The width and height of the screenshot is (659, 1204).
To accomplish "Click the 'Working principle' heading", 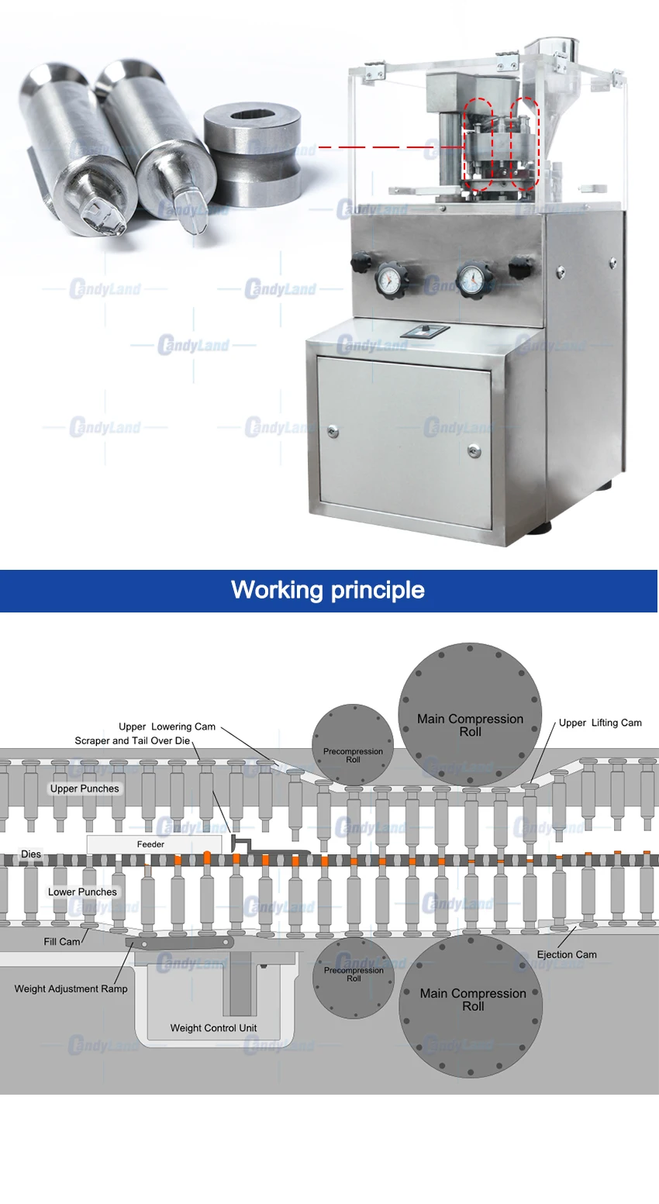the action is pyautogui.click(x=328, y=590).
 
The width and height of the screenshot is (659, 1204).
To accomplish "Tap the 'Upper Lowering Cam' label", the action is pyautogui.click(x=167, y=726).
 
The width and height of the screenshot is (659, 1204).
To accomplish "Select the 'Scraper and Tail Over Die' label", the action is pyautogui.click(x=133, y=740).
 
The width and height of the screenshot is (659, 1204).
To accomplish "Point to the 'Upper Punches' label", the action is pyautogui.click(x=85, y=788).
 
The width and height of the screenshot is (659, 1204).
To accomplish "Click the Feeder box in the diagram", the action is pyautogui.click(x=154, y=843).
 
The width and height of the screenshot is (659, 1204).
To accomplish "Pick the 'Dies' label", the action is pyautogui.click(x=31, y=854).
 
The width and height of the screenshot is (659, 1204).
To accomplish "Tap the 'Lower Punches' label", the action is pyautogui.click(x=82, y=892).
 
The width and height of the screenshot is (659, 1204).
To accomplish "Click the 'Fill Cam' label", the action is pyautogui.click(x=62, y=942).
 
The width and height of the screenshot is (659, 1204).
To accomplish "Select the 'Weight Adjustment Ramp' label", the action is pyautogui.click(x=71, y=988).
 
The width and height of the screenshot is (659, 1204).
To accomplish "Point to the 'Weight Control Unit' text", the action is pyautogui.click(x=213, y=1028).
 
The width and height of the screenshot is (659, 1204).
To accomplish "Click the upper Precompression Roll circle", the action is pyautogui.click(x=353, y=744).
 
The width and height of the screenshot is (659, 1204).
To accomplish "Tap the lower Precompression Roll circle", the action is pyautogui.click(x=354, y=978).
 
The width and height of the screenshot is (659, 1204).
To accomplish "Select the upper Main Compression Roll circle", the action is pyautogui.click(x=470, y=714).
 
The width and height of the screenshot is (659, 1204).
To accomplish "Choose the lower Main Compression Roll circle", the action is pyautogui.click(x=471, y=1006).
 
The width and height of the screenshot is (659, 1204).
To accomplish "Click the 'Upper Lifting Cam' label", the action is pyautogui.click(x=600, y=723).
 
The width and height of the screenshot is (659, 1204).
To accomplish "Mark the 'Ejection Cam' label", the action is pyautogui.click(x=567, y=954).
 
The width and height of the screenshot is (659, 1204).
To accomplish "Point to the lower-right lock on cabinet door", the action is pyautogui.click(x=474, y=451).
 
